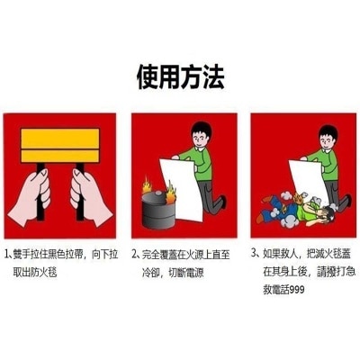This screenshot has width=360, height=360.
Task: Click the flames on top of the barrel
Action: (155, 190)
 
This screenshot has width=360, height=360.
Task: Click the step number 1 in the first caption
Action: (6, 254)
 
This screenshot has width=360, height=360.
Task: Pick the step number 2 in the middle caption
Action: (135, 254)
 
